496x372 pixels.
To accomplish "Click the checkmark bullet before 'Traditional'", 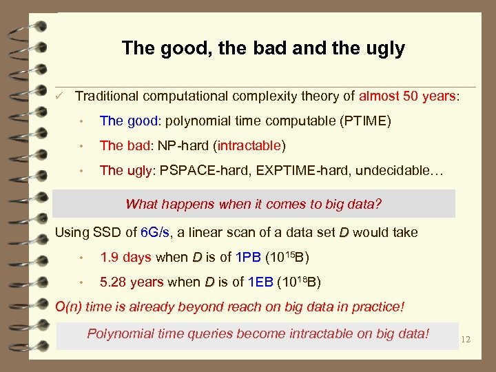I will [61, 96].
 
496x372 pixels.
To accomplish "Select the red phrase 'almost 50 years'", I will [407, 96].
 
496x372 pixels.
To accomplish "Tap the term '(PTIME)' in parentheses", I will [365, 121].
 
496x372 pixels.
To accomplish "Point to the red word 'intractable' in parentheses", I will [249, 146].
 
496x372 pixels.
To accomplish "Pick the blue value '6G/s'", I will [156, 232].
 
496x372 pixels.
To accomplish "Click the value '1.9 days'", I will [125, 258].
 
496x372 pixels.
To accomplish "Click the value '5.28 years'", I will [132, 282].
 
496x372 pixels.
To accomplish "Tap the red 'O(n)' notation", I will [71, 307].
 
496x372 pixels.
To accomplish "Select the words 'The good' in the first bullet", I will [128, 121].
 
